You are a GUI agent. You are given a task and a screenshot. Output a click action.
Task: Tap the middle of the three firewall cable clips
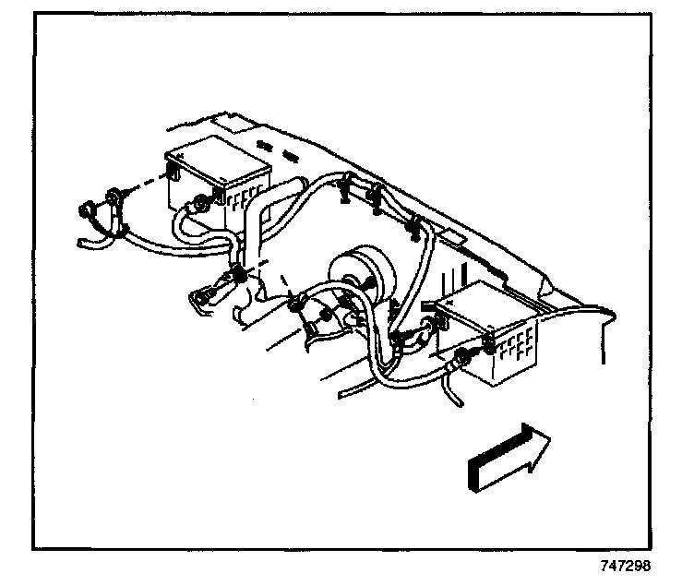pyautogui.click(x=377, y=197)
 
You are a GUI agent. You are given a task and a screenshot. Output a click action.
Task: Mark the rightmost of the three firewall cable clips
pyautogui.click(x=413, y=224)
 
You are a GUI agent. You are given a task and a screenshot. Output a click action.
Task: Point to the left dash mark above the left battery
pyautogui.click(x=265, y=145)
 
